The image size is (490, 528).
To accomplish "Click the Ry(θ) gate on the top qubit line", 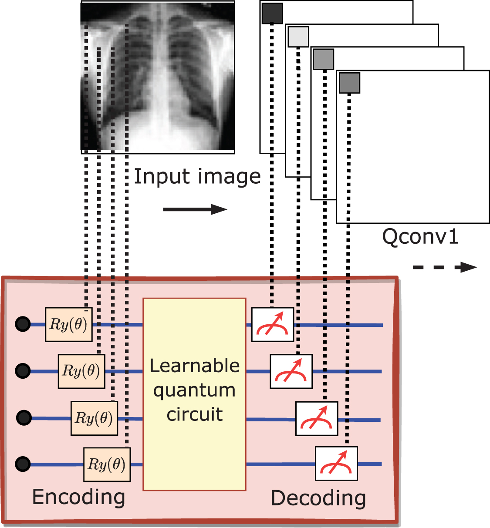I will coord(69,324).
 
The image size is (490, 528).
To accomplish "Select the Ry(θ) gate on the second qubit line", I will coord(81,371).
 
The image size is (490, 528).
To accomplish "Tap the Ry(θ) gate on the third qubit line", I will coord(94,418).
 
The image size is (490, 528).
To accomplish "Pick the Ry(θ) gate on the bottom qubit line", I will coord(107,464).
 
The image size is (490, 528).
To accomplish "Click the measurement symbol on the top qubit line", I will coord(273,325).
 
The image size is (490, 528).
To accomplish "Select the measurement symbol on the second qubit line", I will coord(291,371).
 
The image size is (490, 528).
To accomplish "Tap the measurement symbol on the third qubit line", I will coord(317,419).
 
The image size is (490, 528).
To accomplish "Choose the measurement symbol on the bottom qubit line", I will coord(336,464).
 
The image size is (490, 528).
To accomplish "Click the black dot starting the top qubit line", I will coord(23,324).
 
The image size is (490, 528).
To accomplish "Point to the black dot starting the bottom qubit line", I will coord(23,464).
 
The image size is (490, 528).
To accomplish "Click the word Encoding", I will coord(78,497).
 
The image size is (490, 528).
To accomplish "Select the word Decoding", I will coord(318,498).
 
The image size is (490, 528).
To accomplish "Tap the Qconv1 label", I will coord(420,237).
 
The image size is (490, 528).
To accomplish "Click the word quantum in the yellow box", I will coord(194,390).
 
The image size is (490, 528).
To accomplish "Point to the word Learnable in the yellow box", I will coord(194,366).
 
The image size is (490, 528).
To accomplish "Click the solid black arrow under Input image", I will coord(195,209).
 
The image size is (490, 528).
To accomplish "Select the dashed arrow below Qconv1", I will coord(444,267).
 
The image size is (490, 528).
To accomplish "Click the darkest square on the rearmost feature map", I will coord(272,13).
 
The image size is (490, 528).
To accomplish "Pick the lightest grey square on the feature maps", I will coord(298,37).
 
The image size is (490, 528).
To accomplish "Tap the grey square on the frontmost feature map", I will coord(349,83).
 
